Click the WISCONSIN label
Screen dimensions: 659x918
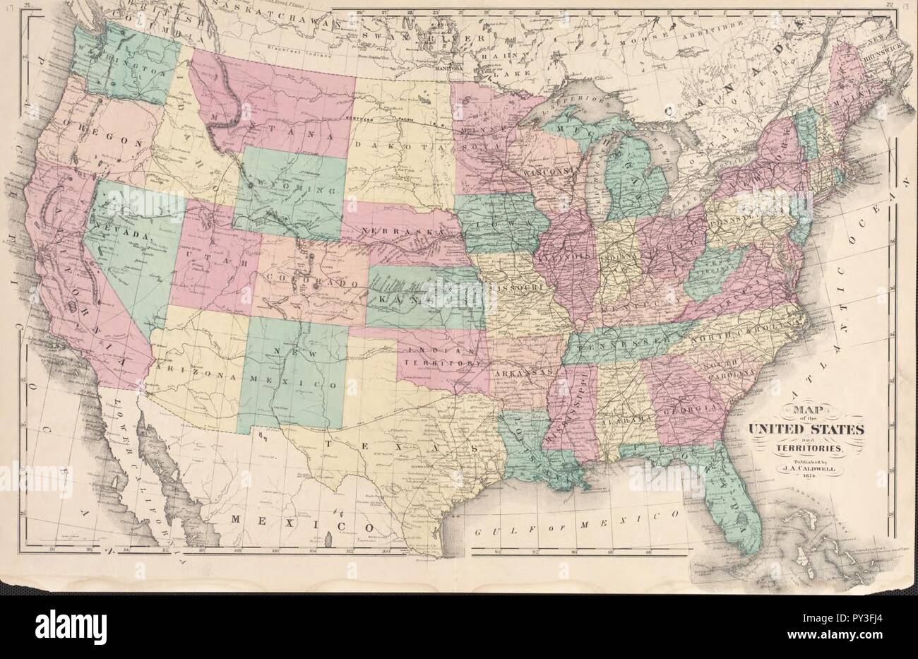pyautogui.click(x=553, y=172)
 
